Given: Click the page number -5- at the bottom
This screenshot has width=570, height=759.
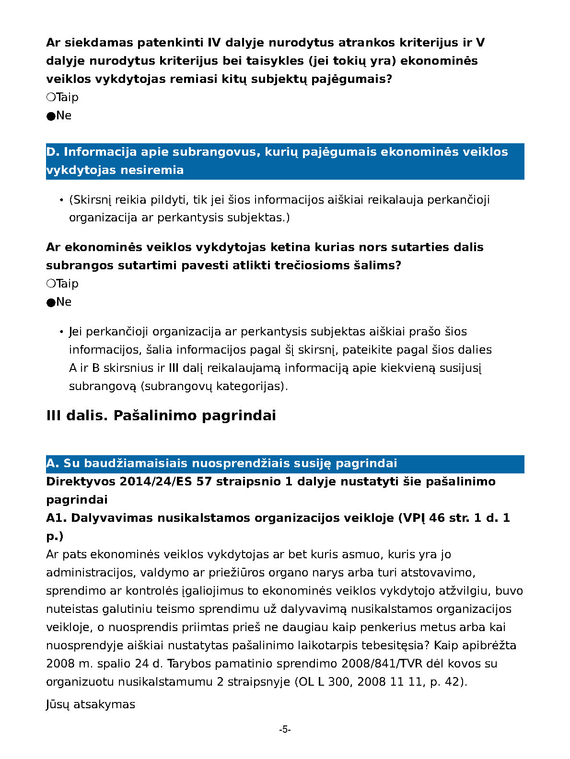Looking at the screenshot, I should click(285, 730).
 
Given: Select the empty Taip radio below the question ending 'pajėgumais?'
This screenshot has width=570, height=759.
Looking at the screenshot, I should click(51, 97).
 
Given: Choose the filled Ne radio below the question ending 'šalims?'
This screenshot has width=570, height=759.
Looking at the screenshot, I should click(51, 302).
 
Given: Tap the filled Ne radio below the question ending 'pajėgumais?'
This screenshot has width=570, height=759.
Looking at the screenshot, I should click(51, 116).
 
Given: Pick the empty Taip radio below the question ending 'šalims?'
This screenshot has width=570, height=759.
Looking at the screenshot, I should click(51, 284).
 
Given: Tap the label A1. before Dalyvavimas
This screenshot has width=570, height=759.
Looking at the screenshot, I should click(57, 518).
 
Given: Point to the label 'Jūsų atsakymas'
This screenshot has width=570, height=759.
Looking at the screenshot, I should click(90, 704).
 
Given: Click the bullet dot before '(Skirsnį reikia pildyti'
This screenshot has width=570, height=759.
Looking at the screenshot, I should click(61, 200).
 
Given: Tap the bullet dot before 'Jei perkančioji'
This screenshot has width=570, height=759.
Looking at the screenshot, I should click(61, 332).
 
